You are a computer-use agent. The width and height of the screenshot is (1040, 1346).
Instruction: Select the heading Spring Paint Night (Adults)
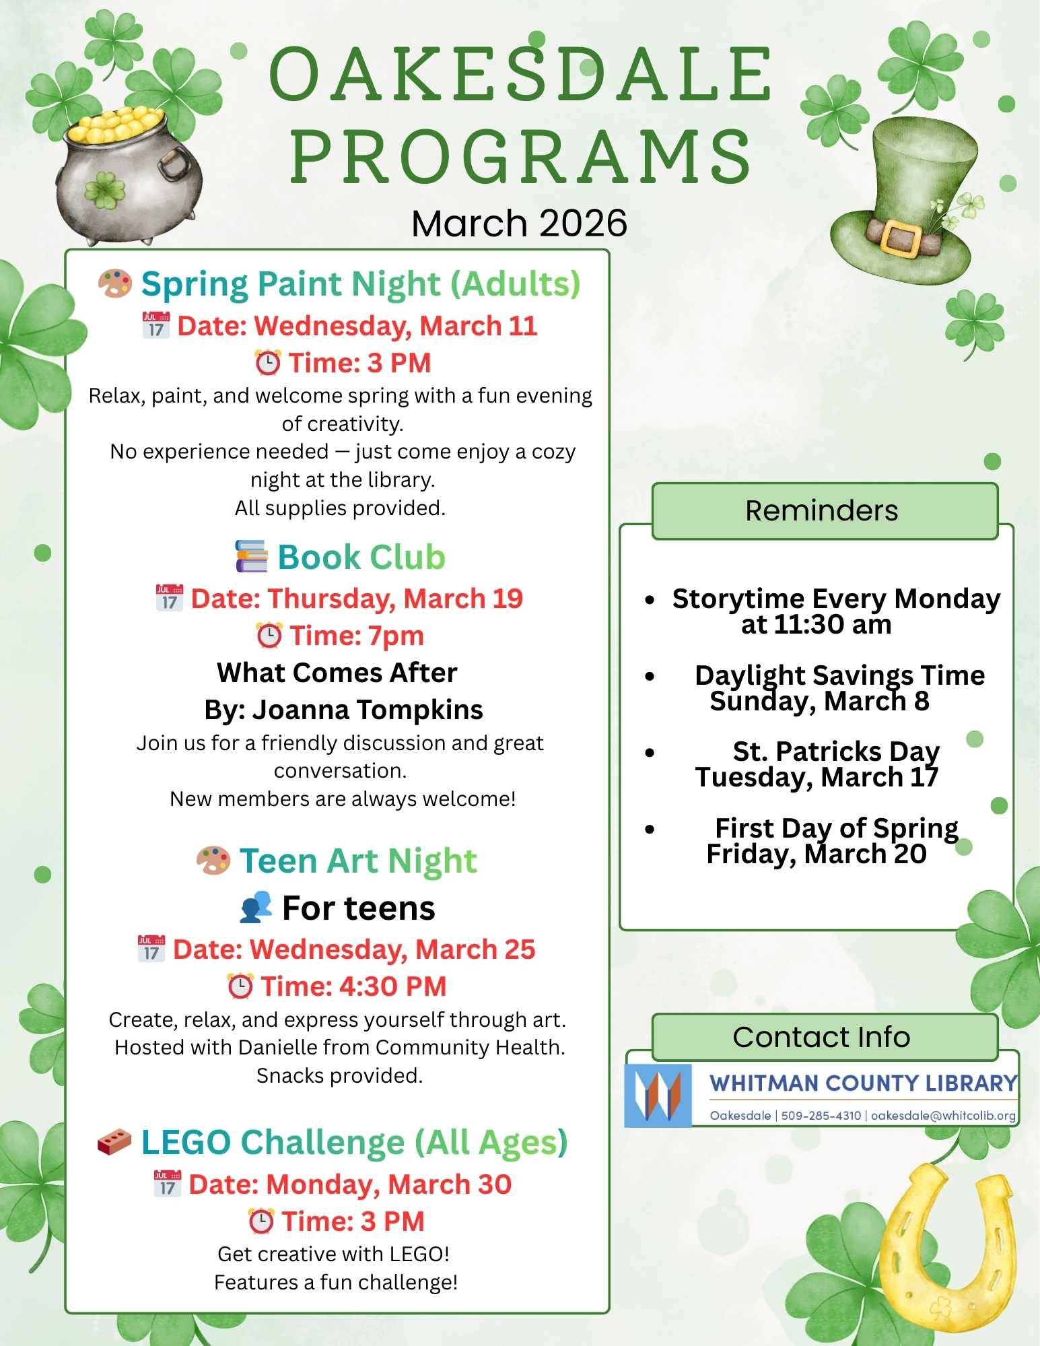(x=360, y=283)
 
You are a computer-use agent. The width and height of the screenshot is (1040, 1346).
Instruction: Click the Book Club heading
(x=361, y=557)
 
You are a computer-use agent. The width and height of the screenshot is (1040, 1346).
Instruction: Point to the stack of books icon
(x=251, y=556)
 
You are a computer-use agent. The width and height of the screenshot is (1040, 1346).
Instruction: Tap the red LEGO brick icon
(x=114, y=1142)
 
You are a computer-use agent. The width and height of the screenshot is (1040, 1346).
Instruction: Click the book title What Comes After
(x=337, y=672)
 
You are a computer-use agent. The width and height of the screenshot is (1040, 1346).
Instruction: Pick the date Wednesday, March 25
(x=392, y=949)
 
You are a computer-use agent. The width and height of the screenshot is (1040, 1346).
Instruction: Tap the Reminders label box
(x=825, y=511)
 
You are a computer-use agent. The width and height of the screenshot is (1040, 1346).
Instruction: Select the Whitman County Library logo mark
(x=658, y=1096)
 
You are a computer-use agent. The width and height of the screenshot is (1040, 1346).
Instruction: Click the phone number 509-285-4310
(x=821, y=1116)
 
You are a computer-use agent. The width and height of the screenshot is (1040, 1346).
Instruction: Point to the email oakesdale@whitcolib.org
(x=943, y=1116)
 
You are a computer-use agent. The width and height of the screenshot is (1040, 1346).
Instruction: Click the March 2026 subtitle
(x=519, y=224)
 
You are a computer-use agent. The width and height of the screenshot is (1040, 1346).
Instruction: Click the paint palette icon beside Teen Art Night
(x=213, y=861)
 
